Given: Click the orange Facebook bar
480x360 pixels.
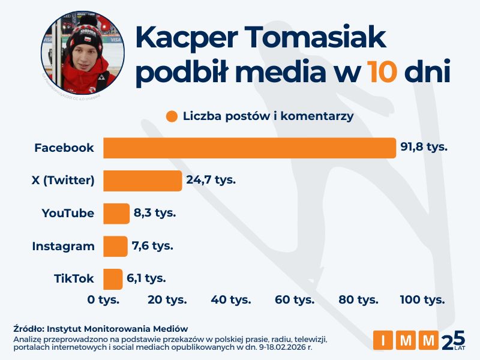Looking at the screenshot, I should tap(249, 148).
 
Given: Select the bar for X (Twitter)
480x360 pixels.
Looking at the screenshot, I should tap(142, 181).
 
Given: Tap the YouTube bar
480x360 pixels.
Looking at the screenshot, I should tap(116, 214).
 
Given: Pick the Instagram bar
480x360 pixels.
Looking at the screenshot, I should tap(115, 246).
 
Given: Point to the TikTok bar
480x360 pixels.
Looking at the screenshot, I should tap(113, 279).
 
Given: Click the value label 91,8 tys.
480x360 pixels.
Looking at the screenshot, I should tap(424, 147).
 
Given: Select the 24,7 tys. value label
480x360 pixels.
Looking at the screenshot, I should tap(211, 180).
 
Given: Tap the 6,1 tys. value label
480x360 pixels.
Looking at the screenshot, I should tap(146, 278).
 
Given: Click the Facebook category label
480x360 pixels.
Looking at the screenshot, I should tap(64, 148).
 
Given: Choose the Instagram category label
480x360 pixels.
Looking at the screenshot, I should tap(63, 246).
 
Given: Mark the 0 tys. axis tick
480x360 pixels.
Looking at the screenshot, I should tap(103, 299).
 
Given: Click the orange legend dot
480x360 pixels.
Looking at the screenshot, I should tap(172, 116).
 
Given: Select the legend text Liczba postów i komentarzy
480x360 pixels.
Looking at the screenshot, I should tap(268, 116).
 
